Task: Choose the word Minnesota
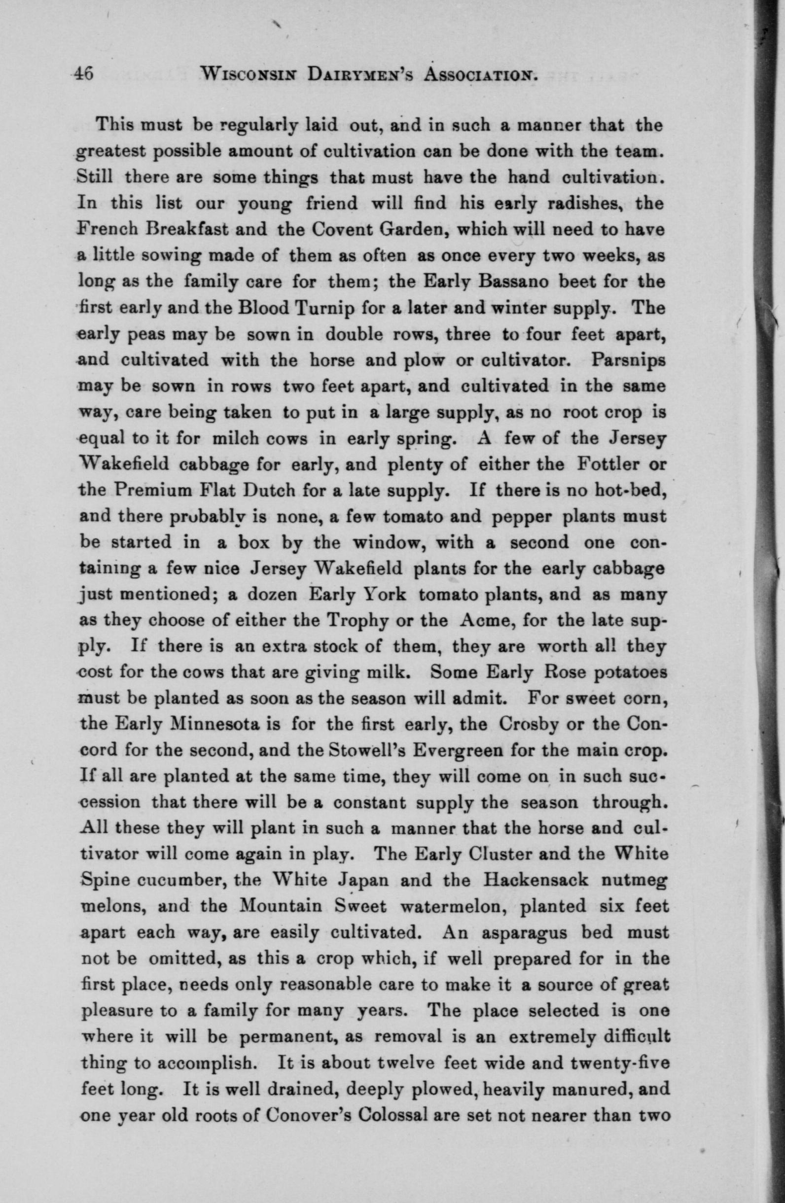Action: pyautogui.click(x=213, y=723)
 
